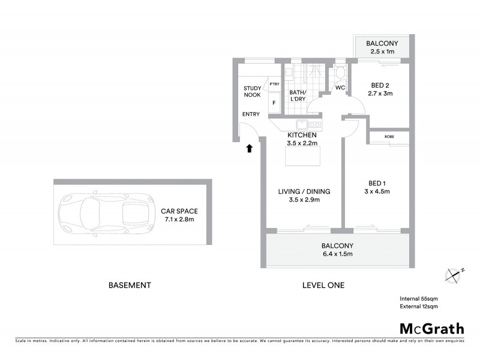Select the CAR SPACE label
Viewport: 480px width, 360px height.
(179, 211)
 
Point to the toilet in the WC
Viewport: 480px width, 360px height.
(340, 74)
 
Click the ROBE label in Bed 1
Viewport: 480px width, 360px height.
(389, 136)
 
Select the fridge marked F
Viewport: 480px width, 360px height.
(274, 103)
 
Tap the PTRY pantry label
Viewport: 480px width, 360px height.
(274, 84)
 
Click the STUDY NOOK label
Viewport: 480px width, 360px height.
(252, 92)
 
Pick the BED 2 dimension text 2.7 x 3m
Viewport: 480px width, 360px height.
(379, 94)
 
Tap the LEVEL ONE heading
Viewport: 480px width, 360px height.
(323, 285)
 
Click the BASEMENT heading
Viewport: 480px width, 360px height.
(129, 285)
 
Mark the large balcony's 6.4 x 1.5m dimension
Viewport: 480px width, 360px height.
(337, 254)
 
